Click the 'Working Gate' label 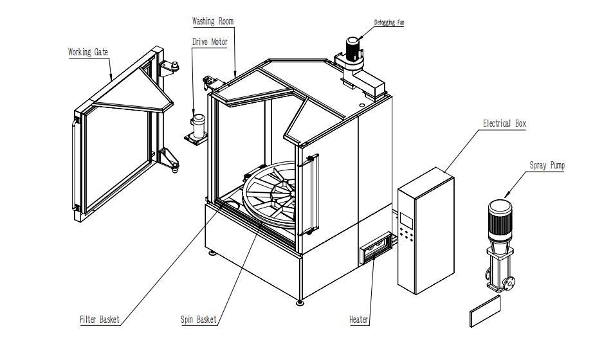click(x=88, y=52)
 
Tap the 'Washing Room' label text click(x=213, y=21)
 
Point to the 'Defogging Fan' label click(x=389, y=23)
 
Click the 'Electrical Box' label click(x=504, y=123)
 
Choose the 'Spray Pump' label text click(x=547, y=166)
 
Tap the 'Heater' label click(x=358, y=319)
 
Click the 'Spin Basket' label click(x=198, y=319)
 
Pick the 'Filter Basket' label click(x=100, y=319)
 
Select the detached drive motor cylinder click(x=199, y=123)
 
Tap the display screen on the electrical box click(x=407, y=219)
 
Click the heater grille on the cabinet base click(x=374, y=249)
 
